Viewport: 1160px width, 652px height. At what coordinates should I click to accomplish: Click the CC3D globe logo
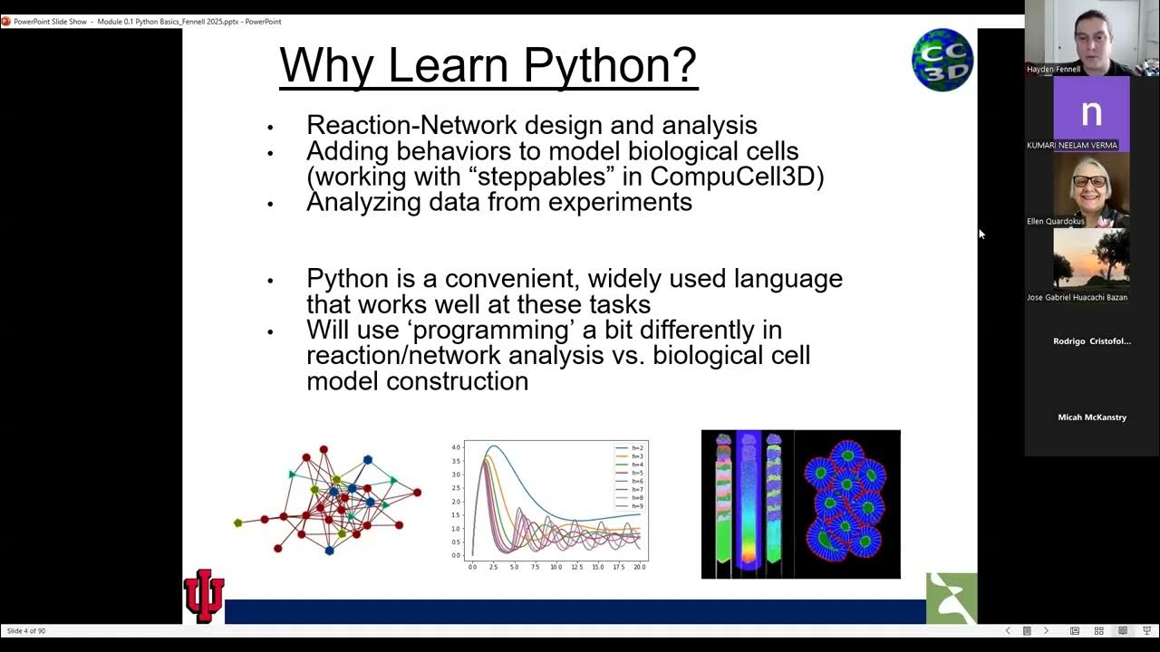pyautogui.click(x=942, y=60)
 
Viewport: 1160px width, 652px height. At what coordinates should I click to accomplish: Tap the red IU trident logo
pyautogui.click(x=204, y=595)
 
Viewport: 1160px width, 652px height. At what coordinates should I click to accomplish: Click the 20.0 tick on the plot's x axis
pyautogui.click(x=639, y=567)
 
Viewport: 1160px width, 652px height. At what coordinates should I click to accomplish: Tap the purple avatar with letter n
pyautogui.click(x=1091, y=113)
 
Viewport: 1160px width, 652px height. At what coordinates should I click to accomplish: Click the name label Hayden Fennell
pyautogui.click(x=1054, y=69)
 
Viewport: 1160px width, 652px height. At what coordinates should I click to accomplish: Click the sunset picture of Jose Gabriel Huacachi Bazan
pyautogui.click(x=1091, y=259)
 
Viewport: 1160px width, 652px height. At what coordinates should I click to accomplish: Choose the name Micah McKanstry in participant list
pyautogui.click(x=1092, y=417)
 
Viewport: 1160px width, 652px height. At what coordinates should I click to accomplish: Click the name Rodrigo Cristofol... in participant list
pyautogui.click(x=1092, y=341)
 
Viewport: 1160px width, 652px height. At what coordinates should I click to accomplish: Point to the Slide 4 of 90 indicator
pyautogui.click(x=26, y=630)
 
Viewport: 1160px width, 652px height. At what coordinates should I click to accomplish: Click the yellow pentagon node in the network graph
pyautogui.click(x=238, y=523)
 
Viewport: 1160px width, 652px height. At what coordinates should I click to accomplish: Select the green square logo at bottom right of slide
pyautogui.click(x=952, y=598)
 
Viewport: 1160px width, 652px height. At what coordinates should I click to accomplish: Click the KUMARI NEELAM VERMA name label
pyautogui.click(x=1072, y=145)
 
